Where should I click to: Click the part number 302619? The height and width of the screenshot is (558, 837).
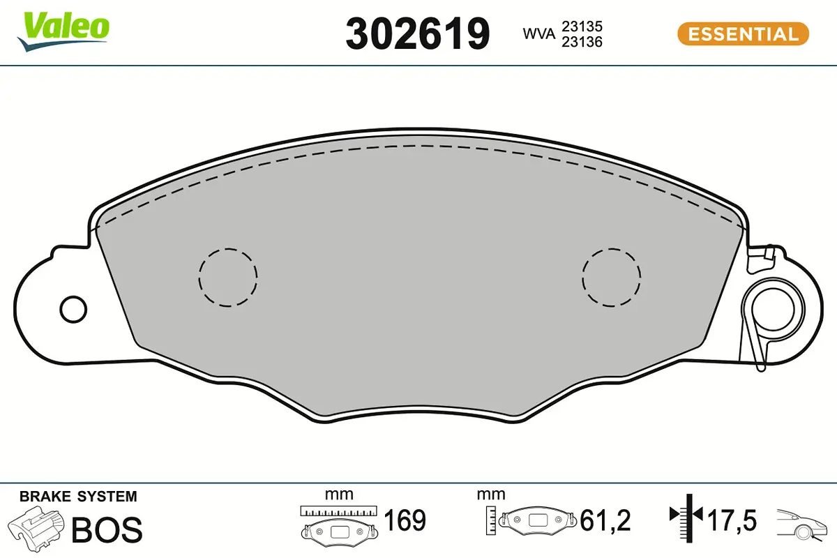tap(417, 33)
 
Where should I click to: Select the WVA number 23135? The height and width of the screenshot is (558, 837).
tap(582, 26)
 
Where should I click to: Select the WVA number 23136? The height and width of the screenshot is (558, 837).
tap(582, 42)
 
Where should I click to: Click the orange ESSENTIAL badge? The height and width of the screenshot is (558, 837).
tap(743, 33)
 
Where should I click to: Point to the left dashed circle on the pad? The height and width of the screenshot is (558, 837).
tap(227, 277)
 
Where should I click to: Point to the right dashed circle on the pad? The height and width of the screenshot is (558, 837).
tap(612, 277)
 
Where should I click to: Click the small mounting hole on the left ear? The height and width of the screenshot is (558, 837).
tap(73, 308)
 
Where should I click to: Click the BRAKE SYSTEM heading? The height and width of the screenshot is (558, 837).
tap(78, 497)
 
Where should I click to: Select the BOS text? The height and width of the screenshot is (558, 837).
tap(107, 529)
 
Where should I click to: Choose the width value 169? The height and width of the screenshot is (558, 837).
tap(405, 520)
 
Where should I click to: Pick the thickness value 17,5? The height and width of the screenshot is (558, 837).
tap(732, 520)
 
